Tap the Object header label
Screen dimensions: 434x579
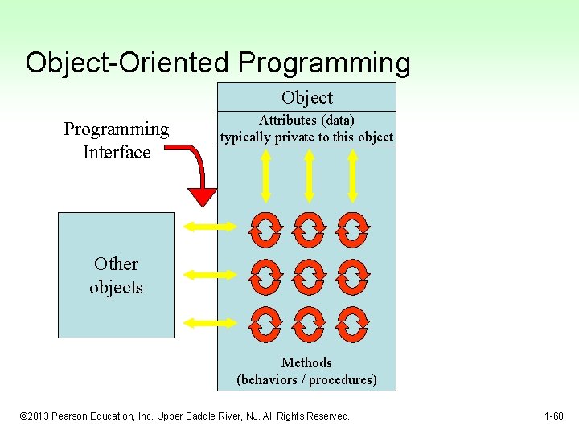(306, 97)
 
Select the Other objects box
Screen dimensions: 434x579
(116, 275)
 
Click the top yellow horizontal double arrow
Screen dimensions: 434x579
(211, 227)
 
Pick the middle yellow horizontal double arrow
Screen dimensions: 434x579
(211, 275)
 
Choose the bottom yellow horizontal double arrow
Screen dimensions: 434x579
(211, 322)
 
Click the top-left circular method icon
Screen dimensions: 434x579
(265, 228)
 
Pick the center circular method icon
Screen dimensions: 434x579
(309, 276)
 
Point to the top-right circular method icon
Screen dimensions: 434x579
(352, 228)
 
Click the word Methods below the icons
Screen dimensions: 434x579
(306, 362)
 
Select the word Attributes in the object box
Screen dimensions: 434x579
(288, 120)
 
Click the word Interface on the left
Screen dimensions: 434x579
(117, 152)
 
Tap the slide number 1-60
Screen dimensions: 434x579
(554, 416)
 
